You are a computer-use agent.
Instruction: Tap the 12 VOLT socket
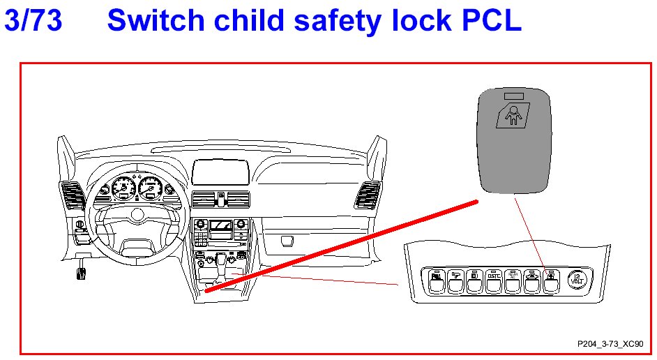(x=578, y=280)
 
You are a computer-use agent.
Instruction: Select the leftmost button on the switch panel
(x=436, y=280)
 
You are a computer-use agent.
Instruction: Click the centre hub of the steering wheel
(x=137, y=213)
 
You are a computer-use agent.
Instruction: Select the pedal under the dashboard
(x=82, y=270)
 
